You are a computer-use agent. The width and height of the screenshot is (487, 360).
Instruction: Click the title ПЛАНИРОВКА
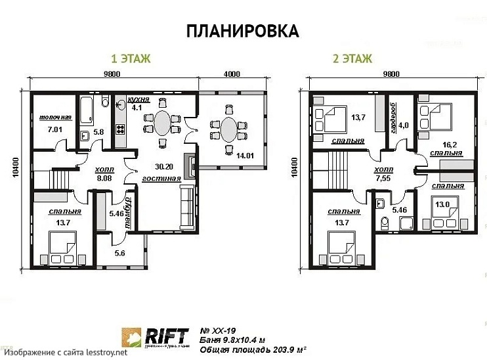243,31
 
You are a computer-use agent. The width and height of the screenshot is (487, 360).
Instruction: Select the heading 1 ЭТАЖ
131,59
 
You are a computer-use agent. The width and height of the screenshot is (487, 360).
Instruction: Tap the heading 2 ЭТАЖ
352,59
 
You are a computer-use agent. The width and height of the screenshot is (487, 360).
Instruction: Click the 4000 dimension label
232,74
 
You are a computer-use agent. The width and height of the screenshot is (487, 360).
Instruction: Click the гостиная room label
160,179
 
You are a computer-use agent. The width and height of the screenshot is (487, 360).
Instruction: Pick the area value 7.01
55,129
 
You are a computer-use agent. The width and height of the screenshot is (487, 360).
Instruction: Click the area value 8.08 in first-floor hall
104,177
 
